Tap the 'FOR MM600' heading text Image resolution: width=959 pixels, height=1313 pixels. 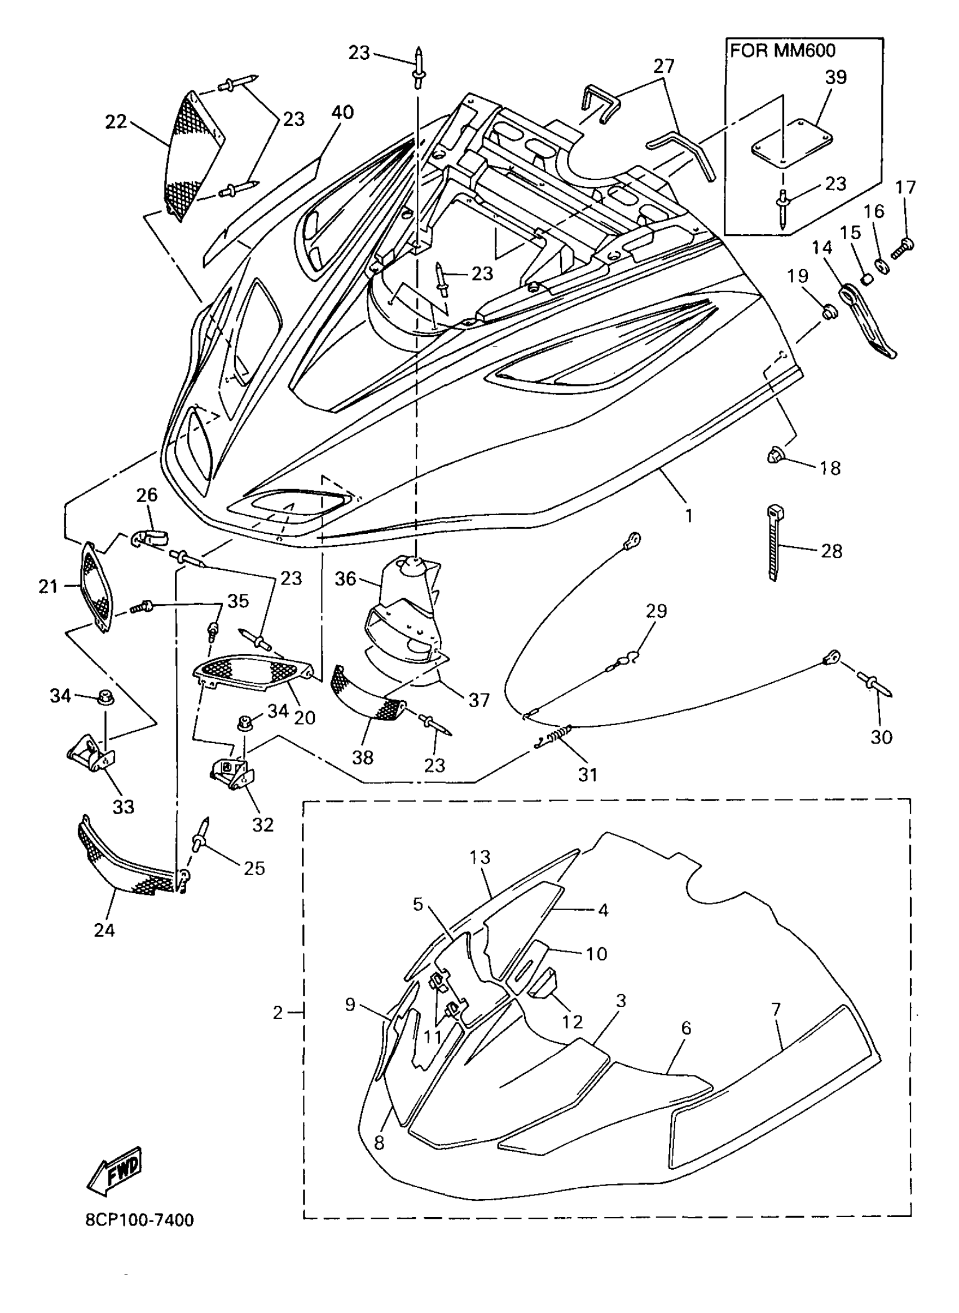[x=782, y=51]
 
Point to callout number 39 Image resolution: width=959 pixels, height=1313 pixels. [x=835, y=77]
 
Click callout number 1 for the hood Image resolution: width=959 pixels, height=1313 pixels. [x=688, y=515]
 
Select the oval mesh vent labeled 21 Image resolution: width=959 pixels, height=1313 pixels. [x=96, y=586]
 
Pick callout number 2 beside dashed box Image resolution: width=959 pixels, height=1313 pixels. [x=278, y=1013]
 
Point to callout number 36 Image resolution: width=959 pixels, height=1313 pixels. [x=345, y=578]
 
